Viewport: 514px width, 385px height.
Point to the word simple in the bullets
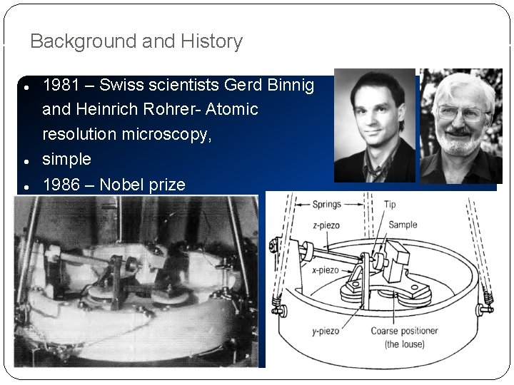point(67,159)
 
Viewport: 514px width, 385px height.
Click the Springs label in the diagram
point(326,205)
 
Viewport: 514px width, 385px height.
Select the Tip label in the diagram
point(389,205)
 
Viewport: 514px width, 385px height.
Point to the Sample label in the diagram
point(403,225)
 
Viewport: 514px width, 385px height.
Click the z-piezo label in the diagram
point(326,225)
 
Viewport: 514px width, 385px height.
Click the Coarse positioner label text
point(404,331)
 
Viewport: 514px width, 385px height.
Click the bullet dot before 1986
point(25,186)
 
